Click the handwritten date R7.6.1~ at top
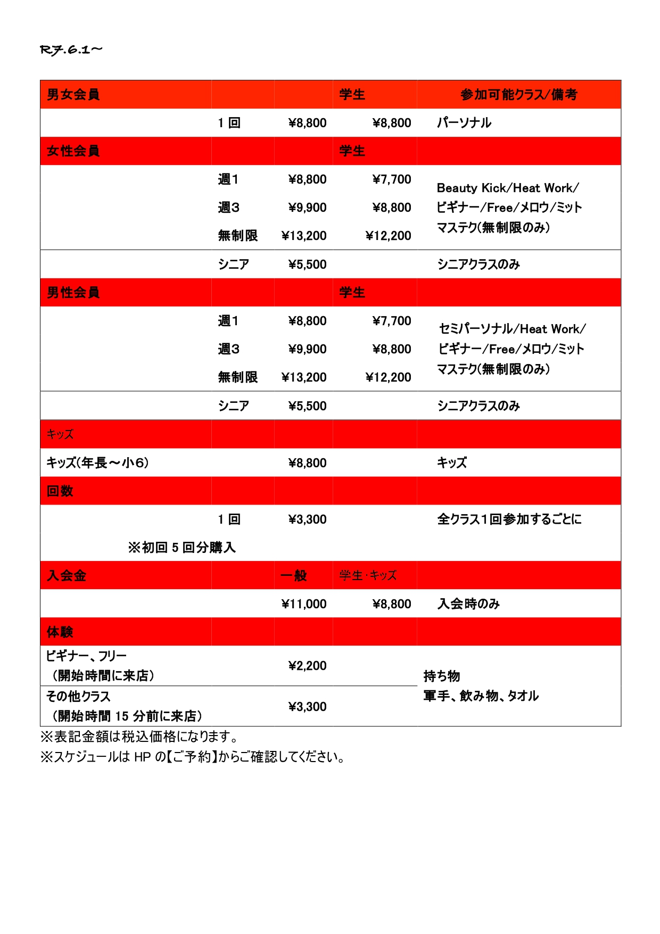coord(71,50)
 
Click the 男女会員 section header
coord(73,95)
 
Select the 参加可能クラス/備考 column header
coord(518,95)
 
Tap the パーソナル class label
coord(464,123)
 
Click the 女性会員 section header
coord(73,151)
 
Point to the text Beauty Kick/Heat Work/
coord(507,188)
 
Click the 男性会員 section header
coord(73,293)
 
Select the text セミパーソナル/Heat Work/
coord(512,329)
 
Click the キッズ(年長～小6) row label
coord(97,463)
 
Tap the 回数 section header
coord(60,491)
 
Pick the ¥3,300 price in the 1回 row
coord(307,519)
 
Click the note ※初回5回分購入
coord(181,548)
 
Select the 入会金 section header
coord(67,576)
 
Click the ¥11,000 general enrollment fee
coord(304,604)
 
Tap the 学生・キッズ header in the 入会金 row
coord(368,576)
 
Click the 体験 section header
coord(60,632)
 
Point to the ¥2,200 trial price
coord(307,666)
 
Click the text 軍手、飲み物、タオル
coord(481,696)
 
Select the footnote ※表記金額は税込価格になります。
coord(139,737)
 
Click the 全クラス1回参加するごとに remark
coord(509,519)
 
